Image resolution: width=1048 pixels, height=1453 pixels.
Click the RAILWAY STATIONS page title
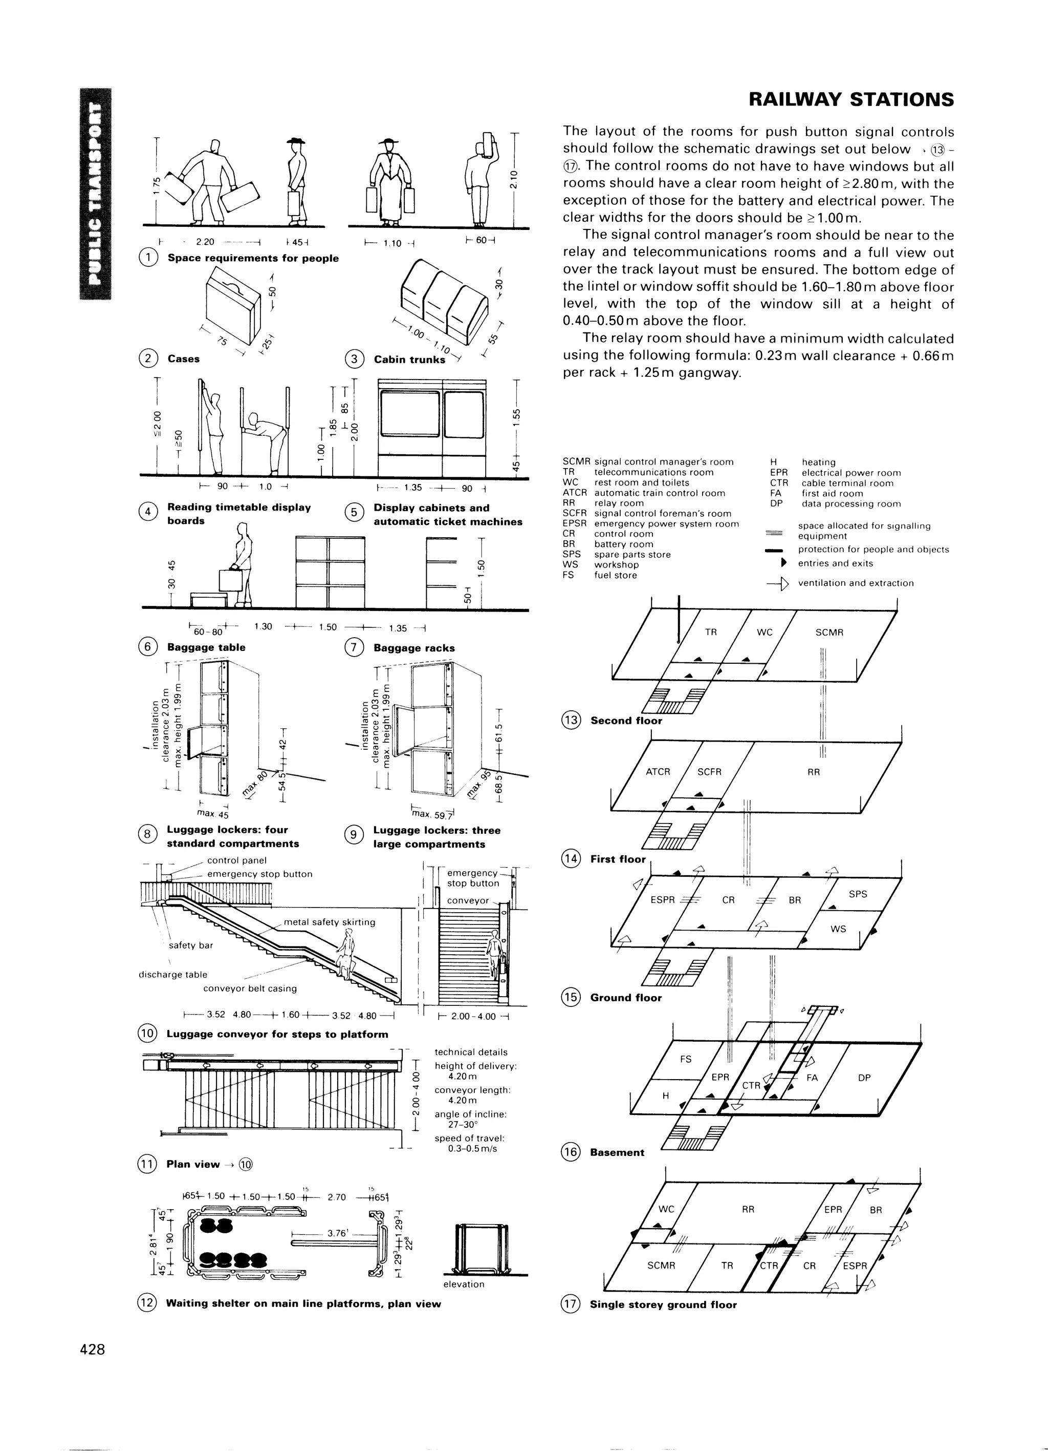[x=851, y=100]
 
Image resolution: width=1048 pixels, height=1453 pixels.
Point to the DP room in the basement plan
[x=864, y=1078]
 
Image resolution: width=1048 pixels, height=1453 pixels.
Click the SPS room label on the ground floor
[x=857, y=894]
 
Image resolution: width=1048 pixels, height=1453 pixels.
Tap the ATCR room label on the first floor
[x=658, y=772]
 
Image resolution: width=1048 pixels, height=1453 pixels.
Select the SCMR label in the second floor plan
[x=829, y=633]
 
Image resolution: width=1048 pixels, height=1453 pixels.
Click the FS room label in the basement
[x=686, y=1059]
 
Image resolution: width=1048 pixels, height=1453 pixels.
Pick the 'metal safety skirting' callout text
[x=329, y=922]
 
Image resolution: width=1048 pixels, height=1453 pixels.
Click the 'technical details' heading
[x=471, y=1052]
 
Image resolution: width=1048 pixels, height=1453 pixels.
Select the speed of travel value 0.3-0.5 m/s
[x=472, y=1148]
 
